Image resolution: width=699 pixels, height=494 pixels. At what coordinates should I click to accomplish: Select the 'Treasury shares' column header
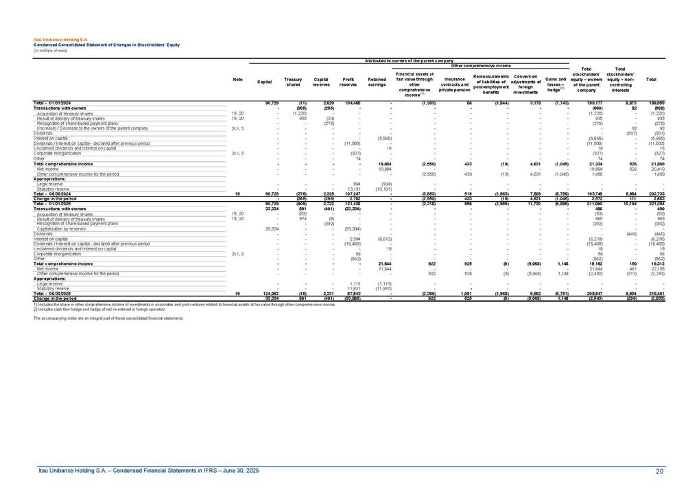coord(293,82)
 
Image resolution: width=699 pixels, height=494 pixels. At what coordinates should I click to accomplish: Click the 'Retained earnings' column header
coord(377,82)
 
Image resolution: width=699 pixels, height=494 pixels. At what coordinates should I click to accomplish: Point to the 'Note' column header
coord(237,80)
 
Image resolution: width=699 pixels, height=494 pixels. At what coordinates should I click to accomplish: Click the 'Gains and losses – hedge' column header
coord(554,84)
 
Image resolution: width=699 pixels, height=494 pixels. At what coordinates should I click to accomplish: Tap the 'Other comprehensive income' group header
coord(480,65)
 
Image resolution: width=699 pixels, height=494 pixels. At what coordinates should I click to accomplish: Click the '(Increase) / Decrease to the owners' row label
coord(92,128)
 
